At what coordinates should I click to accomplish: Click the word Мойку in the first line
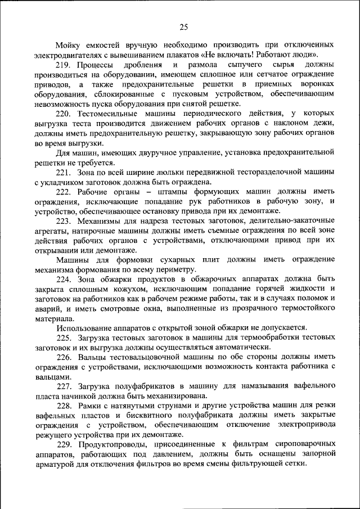tap(68, 44)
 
